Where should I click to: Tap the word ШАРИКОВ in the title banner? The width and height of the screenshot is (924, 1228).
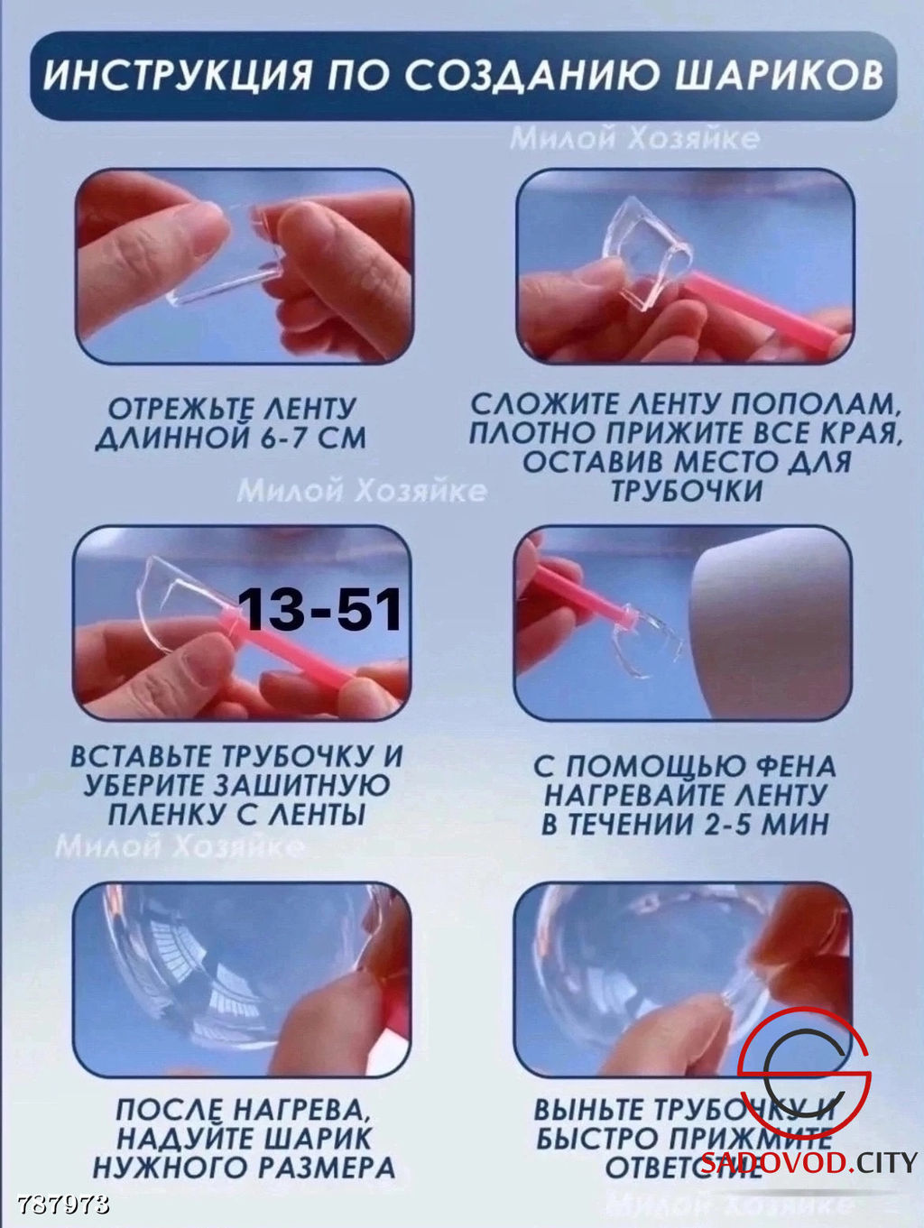(779, 76)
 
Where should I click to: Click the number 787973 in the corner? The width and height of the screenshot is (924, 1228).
(63, 1205)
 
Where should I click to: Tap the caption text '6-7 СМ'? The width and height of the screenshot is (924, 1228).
(312, 439)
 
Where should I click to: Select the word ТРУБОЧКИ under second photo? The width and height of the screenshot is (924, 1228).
(687, 491)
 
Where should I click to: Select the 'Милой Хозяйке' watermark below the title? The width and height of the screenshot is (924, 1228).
(634, 138)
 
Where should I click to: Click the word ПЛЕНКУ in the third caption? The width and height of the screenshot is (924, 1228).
(167, 814)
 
